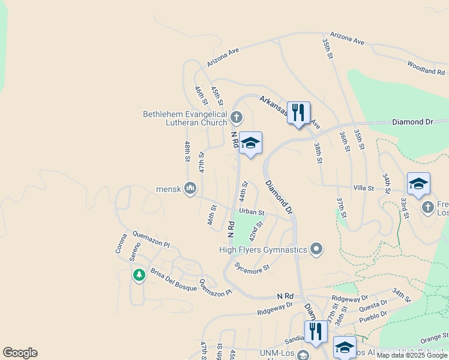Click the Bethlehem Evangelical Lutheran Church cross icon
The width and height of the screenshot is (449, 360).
237,116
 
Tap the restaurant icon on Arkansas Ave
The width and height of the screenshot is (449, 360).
298,112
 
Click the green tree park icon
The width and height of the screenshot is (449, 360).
139,275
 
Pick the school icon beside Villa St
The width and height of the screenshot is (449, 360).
418,184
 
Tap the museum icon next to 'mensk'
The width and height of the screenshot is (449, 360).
190,189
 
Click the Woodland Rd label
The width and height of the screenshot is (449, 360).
426,67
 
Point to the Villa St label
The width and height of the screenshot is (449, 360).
364,188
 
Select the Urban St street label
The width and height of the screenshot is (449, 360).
252,211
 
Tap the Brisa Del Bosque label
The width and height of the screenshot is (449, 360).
174,280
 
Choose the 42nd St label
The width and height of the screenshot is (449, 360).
256,231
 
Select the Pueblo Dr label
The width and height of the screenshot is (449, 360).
375,316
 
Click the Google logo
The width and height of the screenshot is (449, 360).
20,353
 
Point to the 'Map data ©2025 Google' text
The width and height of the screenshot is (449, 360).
412,355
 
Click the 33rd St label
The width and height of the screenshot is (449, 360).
405,208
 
